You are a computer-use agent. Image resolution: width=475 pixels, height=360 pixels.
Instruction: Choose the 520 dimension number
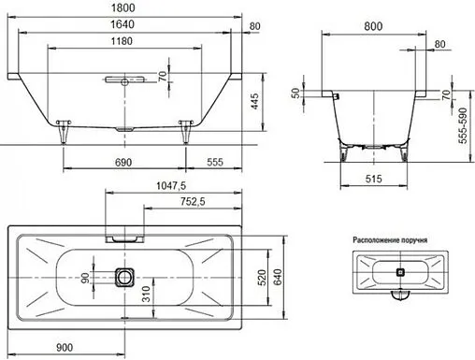tap(263, 278)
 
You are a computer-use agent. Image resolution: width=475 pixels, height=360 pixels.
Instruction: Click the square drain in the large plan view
tap(125, 278)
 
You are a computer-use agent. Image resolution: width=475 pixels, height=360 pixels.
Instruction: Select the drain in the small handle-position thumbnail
tap(401, 273)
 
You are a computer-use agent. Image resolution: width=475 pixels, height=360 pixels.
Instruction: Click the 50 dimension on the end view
tap(296, 94)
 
